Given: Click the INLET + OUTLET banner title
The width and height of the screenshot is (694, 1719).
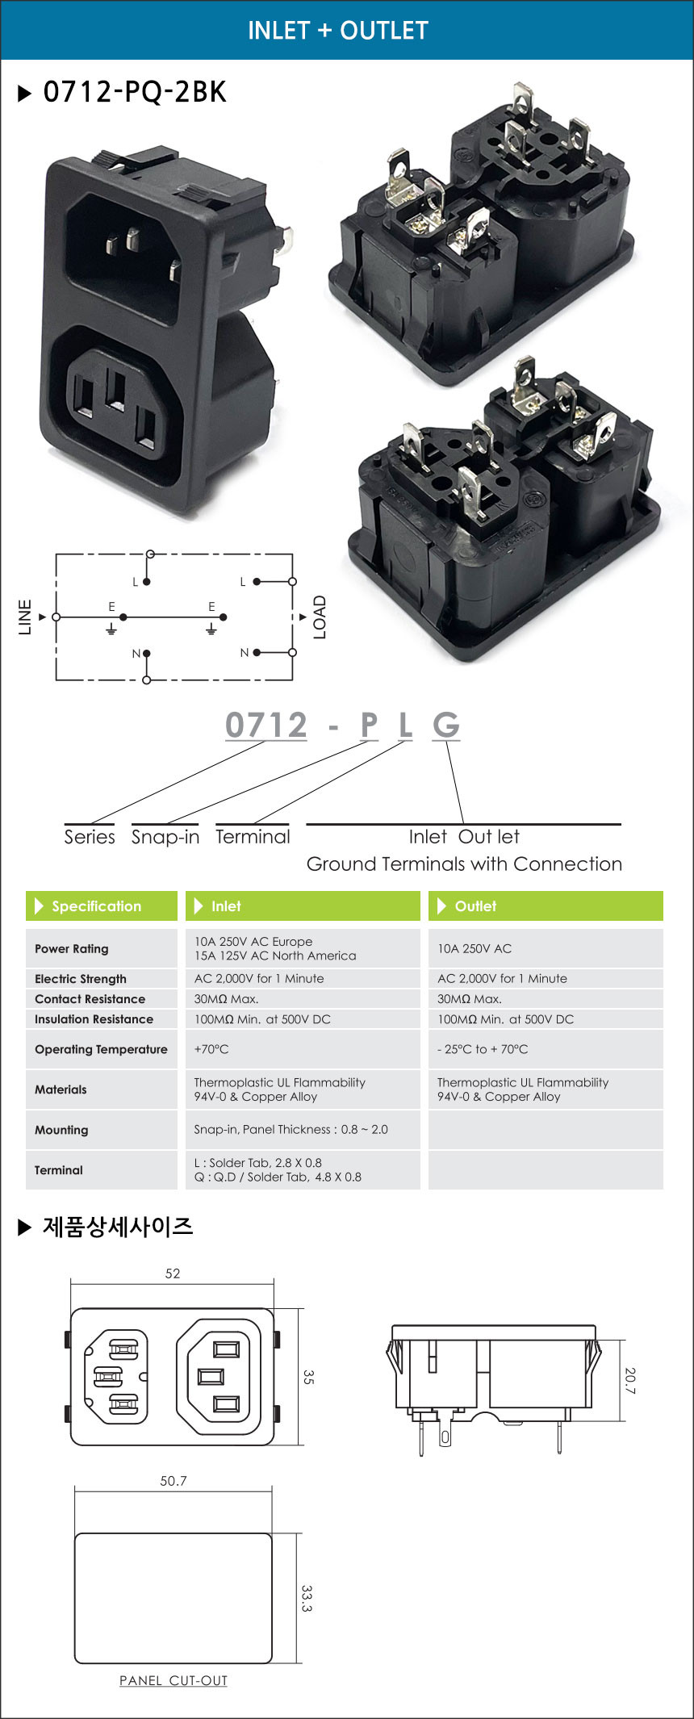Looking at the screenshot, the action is (337, 30).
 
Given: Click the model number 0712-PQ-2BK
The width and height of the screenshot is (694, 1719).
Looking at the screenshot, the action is (135, 92).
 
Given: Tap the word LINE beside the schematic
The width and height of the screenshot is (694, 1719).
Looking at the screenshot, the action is (25, 617).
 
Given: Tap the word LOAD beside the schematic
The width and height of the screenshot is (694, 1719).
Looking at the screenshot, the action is (320, 617).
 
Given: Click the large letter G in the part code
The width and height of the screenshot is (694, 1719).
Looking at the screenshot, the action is (446, 725).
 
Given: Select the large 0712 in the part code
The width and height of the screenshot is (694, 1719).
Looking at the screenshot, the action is (266, 725).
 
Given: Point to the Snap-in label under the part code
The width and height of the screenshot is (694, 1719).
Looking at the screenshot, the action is (165, 837).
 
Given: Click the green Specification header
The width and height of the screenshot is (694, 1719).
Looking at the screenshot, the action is (102, 906).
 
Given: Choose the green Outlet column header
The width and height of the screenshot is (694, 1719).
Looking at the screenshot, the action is (546, 906).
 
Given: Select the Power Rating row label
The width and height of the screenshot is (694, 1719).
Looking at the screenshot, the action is (71, 948).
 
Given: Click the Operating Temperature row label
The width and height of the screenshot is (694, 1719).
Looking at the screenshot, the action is (101, 1049).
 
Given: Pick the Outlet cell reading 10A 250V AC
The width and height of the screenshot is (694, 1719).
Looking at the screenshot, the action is (475, 948).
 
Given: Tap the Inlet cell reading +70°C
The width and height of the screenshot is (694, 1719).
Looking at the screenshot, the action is (211, 1049).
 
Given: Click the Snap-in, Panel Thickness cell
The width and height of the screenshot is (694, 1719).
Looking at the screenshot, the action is (291, 1129).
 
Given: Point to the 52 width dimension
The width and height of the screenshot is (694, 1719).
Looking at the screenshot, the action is (173, 1274).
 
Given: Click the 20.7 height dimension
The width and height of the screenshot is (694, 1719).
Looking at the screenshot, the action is (629, 1381).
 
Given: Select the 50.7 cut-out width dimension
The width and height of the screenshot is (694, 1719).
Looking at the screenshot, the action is (173, 1481).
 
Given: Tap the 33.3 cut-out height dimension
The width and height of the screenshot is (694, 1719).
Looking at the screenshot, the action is (307, 1598).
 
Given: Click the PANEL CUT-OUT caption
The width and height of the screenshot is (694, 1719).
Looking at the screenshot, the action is (173, 1680).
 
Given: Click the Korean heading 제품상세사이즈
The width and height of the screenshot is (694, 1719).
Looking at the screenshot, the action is (118, 1227).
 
